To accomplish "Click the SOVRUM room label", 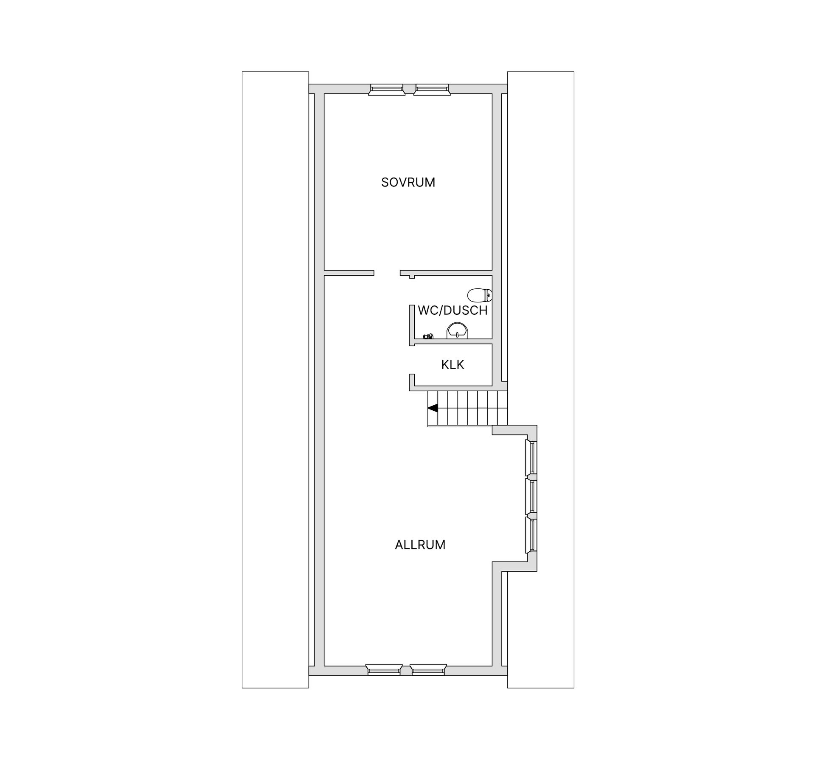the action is pos(408,182).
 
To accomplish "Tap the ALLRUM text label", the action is pos(420,545).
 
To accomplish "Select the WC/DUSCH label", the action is pos(452,310).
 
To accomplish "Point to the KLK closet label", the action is pos(452,364).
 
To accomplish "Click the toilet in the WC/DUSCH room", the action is pos(480,294).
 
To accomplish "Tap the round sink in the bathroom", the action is pos(458,330).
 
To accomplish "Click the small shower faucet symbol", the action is pos(428,336).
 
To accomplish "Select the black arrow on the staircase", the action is pos(433,408).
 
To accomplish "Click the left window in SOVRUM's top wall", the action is pos(386,89).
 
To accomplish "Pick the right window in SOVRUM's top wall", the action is pos(432,89).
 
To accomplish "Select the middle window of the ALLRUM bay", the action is pos(531,496).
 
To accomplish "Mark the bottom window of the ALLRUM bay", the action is pos(531,535).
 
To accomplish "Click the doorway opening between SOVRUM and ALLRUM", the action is pos(387,273).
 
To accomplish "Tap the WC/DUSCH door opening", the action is pos(412,290).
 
